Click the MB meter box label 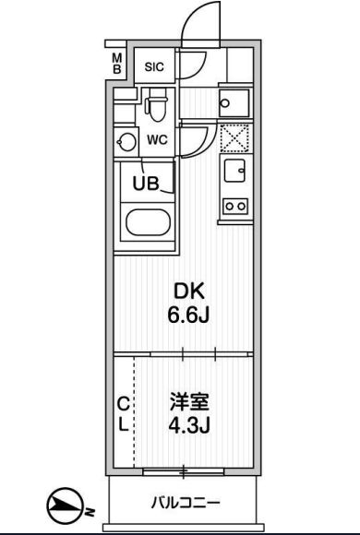tap(117, 63)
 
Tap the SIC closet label tap(154, 66)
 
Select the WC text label tap(158, 140)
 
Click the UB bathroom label tap(146, 184)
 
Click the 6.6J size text tap(188, 315)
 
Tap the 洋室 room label tap(189, 402)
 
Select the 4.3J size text tap(189, 425)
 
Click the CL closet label tap(124, 414)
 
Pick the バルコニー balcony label tap(186, 503)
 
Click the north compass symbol tap(65, 505)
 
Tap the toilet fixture tap(157, 104)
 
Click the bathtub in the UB tap(148, 222)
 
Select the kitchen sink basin tap(234, 171)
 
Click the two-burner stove tap(235, 206)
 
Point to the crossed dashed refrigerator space tap(234, 138)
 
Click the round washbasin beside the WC tap(126, 142)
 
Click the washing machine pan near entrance tap(234, 103)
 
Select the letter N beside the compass tap(90, 512)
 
